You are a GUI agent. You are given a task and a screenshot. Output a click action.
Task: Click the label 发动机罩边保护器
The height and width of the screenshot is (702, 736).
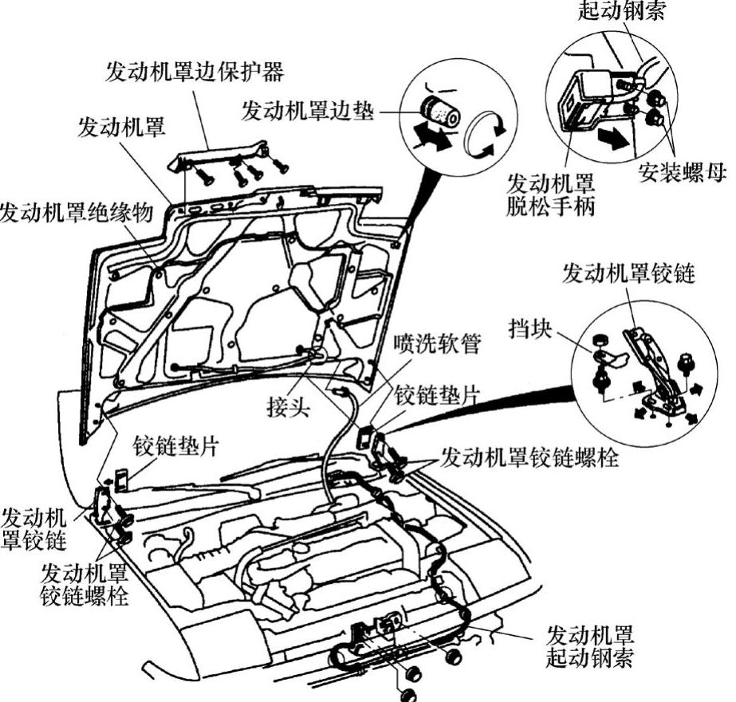[x=195, y=72]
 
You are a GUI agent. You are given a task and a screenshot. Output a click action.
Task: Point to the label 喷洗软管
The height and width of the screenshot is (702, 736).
[x=431, y=347]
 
